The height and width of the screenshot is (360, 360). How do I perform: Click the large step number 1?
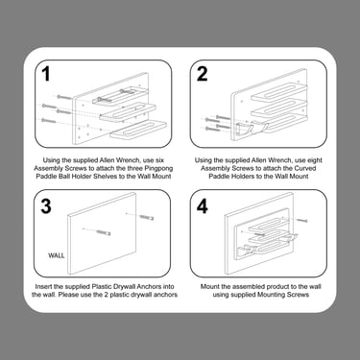[x=46, y=74]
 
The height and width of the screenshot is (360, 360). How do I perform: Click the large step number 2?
[x=202, y=74]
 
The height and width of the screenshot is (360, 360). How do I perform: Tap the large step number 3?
[x=46, y=206]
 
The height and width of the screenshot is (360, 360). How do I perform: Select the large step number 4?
[x=203, y=206]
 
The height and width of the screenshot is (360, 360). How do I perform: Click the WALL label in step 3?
[x=57, y=255]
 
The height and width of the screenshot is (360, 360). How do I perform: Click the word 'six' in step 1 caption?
[x=158, y=160]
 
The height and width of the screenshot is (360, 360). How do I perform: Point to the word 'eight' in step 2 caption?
[x=314, y=160]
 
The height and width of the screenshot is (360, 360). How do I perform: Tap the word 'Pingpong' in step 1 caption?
[x=158, y=168]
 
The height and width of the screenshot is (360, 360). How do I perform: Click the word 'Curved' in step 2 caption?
[x=304, y=168]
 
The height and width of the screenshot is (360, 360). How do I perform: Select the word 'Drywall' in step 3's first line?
[x=127, y=286]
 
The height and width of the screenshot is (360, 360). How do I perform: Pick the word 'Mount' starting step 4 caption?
[x=209, y=286]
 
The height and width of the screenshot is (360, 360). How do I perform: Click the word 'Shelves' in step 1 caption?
[x=106, y=177]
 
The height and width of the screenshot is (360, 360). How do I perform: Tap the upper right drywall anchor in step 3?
[x=147, y=218]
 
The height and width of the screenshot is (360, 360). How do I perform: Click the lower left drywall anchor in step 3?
[x=103, y=232]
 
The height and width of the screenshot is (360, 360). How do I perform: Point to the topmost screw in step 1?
[x=64, y=97]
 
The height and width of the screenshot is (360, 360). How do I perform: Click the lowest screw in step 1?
[x=49, y=121]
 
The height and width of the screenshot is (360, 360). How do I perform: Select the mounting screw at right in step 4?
[x=302, y=220]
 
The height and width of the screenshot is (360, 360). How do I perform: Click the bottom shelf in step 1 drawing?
[x=139, y=131]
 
